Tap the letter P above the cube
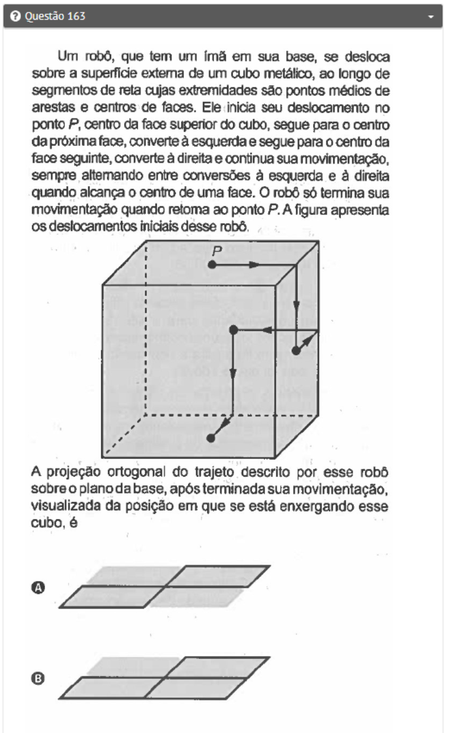(x=218, y=251)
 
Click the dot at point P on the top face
(x=212, y=264)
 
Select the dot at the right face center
(x=296, y=351)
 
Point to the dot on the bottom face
(x=211, y=438)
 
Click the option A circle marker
(x=39, y=587)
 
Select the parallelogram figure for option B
(x=165, y=678)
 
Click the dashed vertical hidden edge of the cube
(x=145, y=332)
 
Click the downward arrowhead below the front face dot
(x=233, y=373)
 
